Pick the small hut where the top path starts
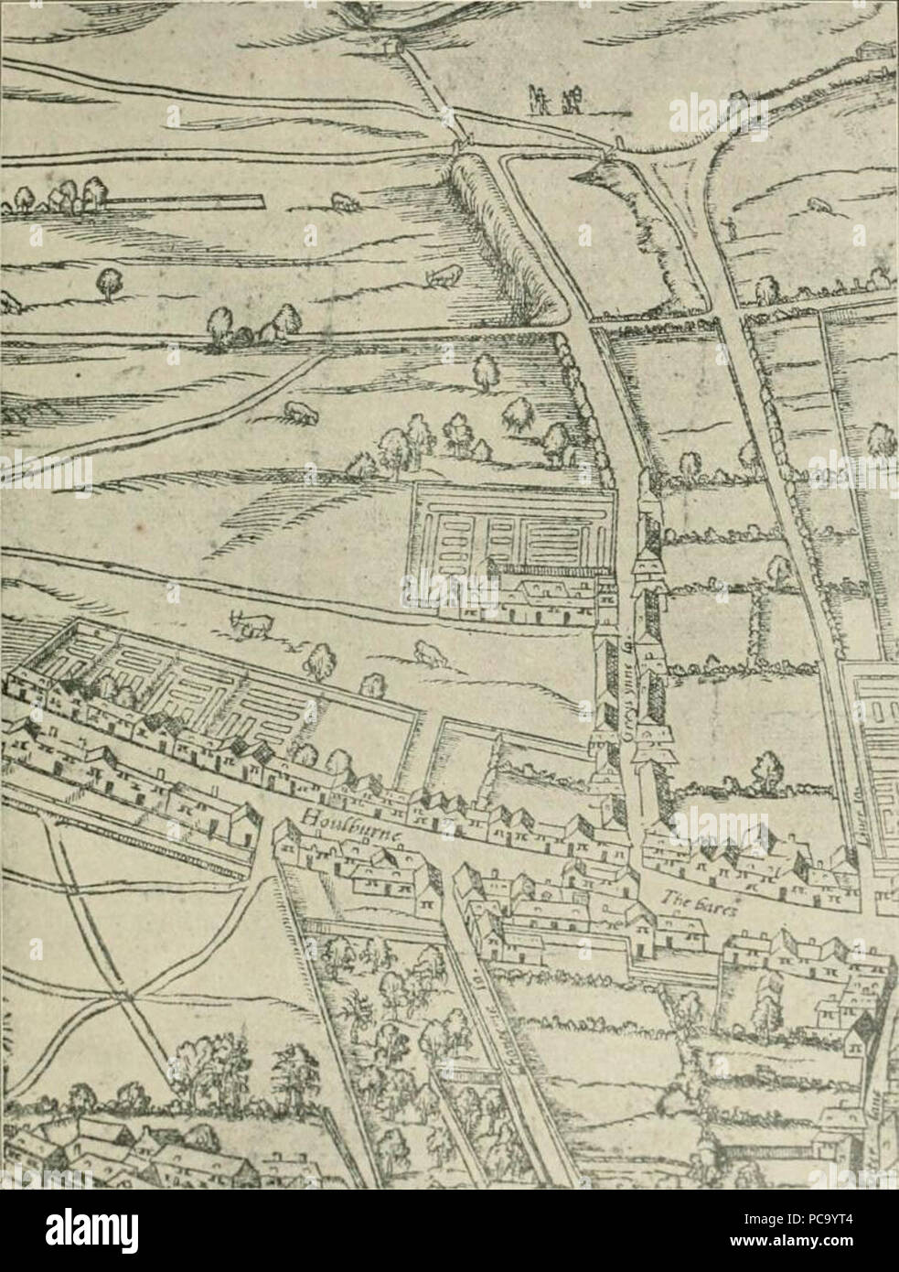click(389, 43)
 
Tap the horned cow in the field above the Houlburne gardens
click(252, 624)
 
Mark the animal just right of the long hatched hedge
click(444, 273)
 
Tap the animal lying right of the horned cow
click(427, 652)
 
